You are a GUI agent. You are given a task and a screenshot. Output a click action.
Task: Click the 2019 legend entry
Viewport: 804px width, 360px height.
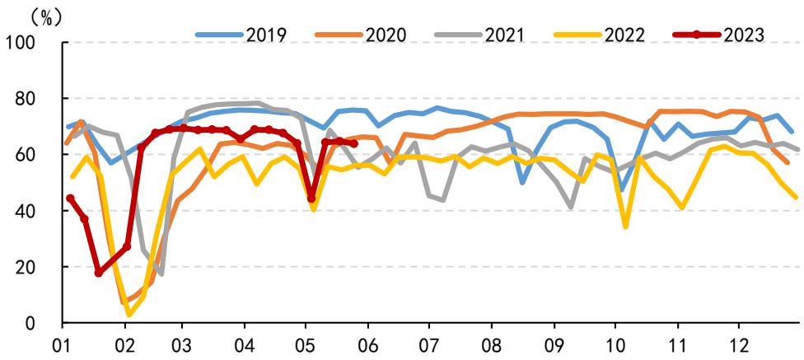(241, 35)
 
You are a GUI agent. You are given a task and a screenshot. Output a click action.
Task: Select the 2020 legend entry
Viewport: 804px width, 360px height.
(361, 35)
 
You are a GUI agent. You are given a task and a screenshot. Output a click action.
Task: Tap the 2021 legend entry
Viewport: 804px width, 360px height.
(479, 35)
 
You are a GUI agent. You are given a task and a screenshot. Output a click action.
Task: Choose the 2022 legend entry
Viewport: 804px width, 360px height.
(600, 35)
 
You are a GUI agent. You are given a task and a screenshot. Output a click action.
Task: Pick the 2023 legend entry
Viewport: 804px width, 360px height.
(718, 35)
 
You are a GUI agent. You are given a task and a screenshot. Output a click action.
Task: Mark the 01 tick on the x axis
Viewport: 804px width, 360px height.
(63, 341)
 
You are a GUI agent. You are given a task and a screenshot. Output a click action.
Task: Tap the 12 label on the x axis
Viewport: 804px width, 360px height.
(738, 341)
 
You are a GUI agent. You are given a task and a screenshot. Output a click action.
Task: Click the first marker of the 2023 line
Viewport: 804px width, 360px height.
(70, 198)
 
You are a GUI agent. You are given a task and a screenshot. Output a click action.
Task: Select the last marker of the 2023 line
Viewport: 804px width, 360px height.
(353, 144)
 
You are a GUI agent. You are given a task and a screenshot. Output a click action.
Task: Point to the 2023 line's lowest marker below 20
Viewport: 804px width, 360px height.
(99, 274)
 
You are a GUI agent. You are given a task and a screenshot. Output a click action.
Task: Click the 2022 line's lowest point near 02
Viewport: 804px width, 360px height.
(129, 315)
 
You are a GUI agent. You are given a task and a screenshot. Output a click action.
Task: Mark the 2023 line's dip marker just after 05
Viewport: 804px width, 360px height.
(311, 199)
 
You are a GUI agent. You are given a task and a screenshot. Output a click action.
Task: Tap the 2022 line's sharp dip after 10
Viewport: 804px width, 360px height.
(625, 227)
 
